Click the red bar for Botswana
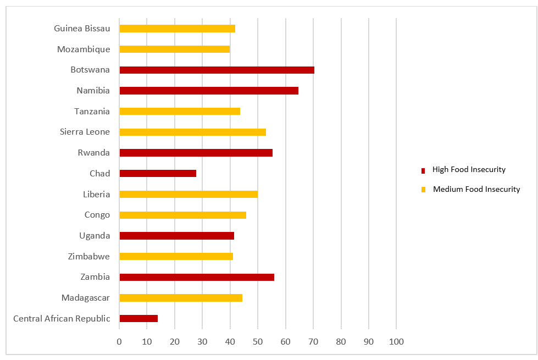[x=217, y=70]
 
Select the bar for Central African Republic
[x=138, y=318]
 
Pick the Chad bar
[x=158, y=173]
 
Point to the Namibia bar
[x=209, y=91]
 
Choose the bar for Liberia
[x=188, y=194]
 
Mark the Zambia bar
[x=197, y=277]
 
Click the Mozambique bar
[x=174, y=49]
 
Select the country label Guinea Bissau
[x=82, y=29]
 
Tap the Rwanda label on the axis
[x=93, y=153]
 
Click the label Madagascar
[x=86, y=298]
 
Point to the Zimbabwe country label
[x=88, y=256]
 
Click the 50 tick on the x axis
[x=258, y=341]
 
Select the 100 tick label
[x=396, y=341]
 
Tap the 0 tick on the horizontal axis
[x=119, y=341]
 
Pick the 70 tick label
[x=313, y=341]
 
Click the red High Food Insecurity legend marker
[x=423, y=170]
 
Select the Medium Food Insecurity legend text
[x=476, y=189]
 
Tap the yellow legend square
[x=423, y=190]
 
